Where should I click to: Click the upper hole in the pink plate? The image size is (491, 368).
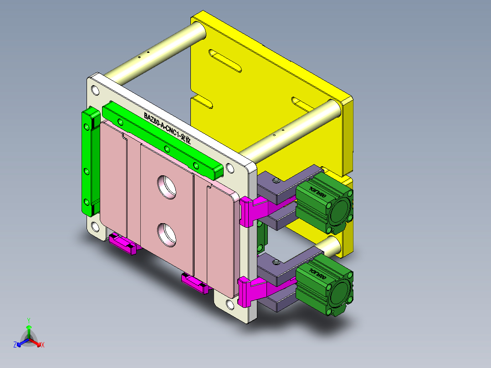click(x=167, y=187)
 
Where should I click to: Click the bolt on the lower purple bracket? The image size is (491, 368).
click(x=275, y=262)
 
